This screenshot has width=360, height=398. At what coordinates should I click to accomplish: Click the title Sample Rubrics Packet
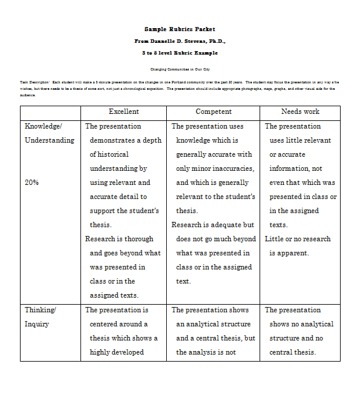pyautogui.click(x=180, y=29)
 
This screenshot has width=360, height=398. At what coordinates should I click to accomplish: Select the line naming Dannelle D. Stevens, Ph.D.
pyautogui.click(x=180, y=41)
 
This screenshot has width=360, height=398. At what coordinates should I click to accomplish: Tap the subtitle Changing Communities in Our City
pyautogui.click(x=180, y=69)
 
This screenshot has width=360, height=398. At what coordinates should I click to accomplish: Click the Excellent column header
pyautogui.click(x=123, y=112)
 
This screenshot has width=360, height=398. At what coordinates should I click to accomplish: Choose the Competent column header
pyautogui.click(x=214, y=112)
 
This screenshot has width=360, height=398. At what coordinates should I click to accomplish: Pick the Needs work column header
pyautogui.click(x=300, y=112)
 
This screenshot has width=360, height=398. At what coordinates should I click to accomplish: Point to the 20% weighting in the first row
pyautogui.click(x=32, y=183)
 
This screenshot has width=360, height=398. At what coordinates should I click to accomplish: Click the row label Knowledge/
pyautogui.click(x=43, y=126)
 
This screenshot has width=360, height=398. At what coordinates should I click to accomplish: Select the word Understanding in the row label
pyautogui.click(x=49, y=140)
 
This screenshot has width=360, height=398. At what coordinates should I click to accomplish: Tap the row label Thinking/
pyautogui.click(x=40, y=310)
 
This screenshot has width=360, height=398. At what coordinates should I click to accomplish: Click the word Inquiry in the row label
pyautogui.click(x=37, y=324)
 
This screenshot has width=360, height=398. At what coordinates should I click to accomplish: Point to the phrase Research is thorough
pyautogui.click(x=119, y=239)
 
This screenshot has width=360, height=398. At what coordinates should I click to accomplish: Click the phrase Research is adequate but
pyautogui.click(x=213, y=225)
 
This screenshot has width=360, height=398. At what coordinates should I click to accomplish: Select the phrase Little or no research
pyautogui.click(x=298, y=239)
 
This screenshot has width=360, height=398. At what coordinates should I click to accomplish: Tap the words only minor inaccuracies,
pyautogui.click(x=215, y=168)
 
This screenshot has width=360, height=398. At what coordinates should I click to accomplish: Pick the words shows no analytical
pyautogui.click(x=301, y=324)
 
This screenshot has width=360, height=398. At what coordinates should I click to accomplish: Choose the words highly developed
pyautogui.click(x=116, y=352)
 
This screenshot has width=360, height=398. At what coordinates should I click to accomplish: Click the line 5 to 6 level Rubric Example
pyautogui.click(x=180, y=53)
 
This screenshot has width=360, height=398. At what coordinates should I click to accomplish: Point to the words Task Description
pyautogui.click(x=34, y=82)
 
